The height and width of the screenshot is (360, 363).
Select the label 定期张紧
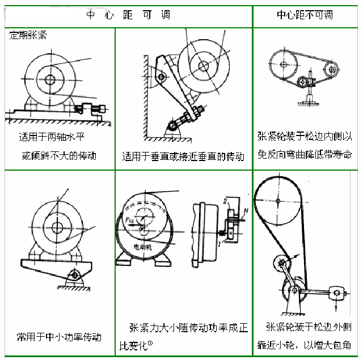tap(28, 35)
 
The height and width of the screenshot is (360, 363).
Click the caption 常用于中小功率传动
tap(59, 337)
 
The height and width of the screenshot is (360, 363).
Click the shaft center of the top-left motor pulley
tap(50, 79)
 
